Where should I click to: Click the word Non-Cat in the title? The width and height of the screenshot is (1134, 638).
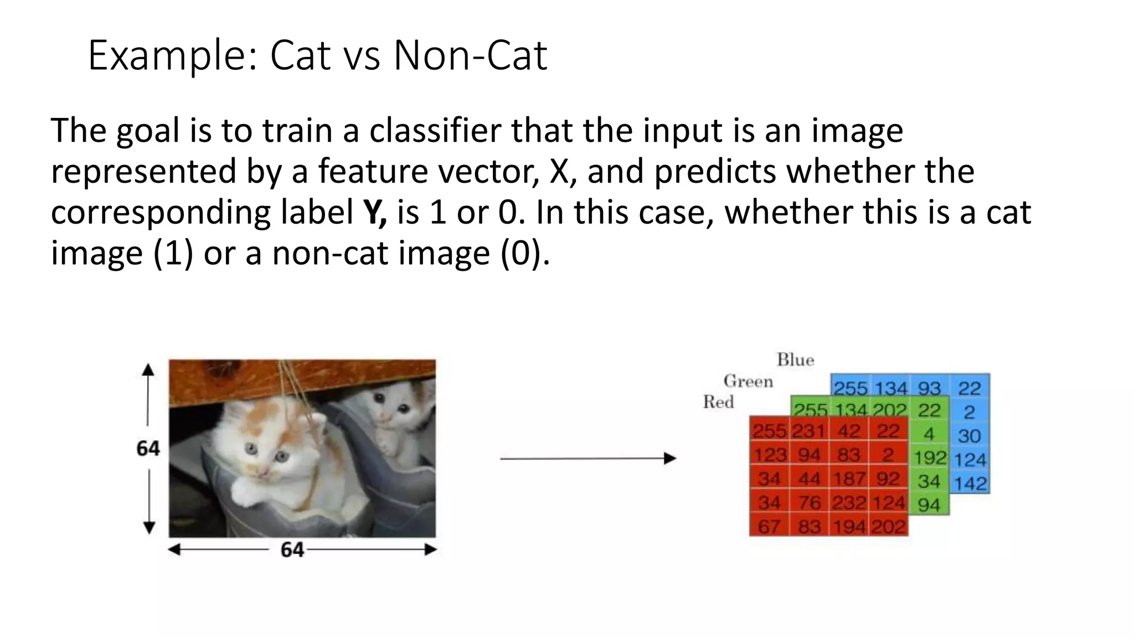tap(470, 55)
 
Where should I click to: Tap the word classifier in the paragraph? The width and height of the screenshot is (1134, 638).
tap(435, 131)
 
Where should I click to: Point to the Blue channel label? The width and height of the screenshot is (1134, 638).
tap(795, 360)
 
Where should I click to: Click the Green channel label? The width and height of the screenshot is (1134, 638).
tap(748, 381)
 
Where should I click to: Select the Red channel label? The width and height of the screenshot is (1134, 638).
tap(718, 402)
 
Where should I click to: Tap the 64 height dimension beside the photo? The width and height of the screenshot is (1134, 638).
tap(148, 448)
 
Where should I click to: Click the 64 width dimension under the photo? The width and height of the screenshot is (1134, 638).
tap(292, 550)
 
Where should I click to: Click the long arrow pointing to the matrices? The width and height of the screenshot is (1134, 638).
tap(587, 459)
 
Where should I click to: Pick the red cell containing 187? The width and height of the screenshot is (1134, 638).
tap(849, 478)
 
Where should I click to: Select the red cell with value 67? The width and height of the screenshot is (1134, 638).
tap(769, 526)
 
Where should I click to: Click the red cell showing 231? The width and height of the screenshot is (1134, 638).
tap(809, 431)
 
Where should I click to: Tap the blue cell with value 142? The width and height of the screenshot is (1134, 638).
tap(970, 483)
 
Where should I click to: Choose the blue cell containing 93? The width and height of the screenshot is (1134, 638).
tap(929, 388)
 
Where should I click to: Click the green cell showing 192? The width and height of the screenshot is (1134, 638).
tap(930, 457)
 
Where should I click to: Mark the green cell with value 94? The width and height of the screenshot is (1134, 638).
tap(929, 505)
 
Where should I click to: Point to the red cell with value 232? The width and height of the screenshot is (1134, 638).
tap(849, 502)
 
